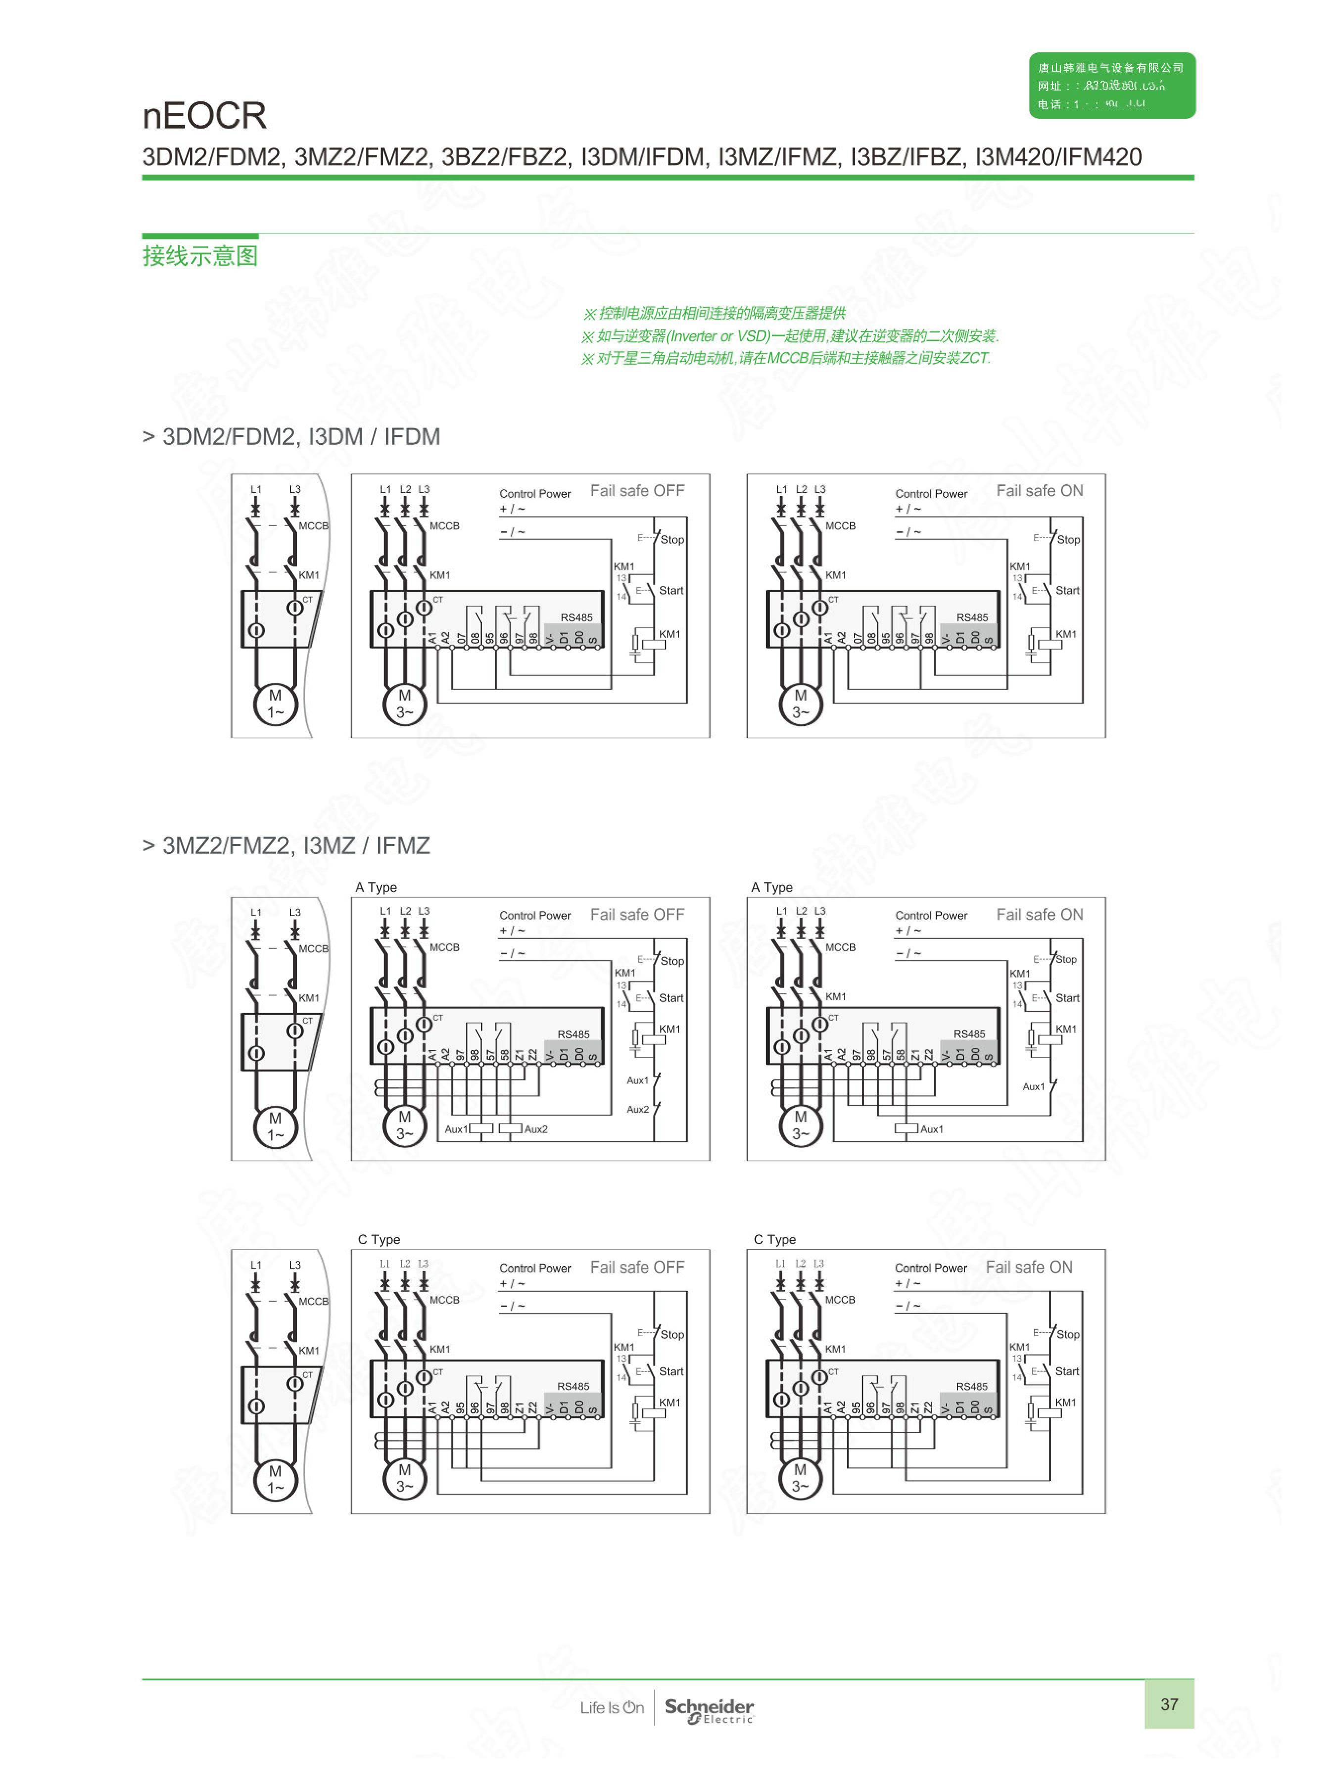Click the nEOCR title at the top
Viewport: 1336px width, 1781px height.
click(204, 116)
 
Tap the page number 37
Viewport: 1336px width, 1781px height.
click(1168, 1704)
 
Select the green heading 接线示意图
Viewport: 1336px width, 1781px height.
click(200, 256)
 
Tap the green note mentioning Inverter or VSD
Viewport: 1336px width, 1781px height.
click(789, 336)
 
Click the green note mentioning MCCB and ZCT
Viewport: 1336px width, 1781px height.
click(785, 358)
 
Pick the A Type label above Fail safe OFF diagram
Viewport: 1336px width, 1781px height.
click(376, 887)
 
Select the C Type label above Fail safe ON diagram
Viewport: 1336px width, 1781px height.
click(774, 1239)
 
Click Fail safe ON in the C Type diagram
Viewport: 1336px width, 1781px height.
click(1028, 1267)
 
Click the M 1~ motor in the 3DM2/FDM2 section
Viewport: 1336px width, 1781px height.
click(276, 703)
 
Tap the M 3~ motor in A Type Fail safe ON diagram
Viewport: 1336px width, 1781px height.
click(800, 1125)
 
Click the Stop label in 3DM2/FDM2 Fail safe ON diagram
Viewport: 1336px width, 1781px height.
click(1068, 539)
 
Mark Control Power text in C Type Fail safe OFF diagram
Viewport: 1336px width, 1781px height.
click(535, 1268)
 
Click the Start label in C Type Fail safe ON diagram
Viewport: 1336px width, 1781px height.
click(1066, 1371)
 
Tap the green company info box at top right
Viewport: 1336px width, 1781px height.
click(1111, 86)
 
